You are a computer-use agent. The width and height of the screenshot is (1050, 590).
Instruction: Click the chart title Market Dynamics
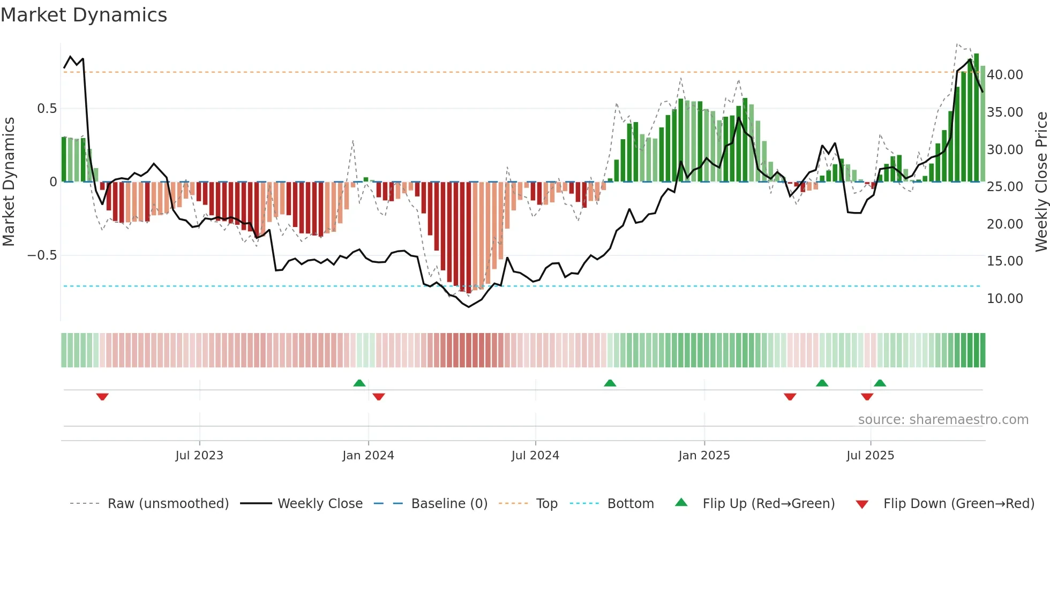[84, 15]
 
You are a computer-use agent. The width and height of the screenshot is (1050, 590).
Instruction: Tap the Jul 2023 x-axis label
[199, 456]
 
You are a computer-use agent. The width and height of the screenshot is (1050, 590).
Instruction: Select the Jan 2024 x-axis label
[368, 456]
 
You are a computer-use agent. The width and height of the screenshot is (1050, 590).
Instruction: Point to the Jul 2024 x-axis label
[535, 456]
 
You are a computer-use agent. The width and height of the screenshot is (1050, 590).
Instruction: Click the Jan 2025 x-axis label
[704, 456]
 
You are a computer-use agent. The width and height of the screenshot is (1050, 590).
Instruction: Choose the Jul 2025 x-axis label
[871, 456]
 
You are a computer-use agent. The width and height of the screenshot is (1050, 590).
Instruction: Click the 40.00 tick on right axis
[1004, 75]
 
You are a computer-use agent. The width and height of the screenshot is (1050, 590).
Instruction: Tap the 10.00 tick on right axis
[1004, 299]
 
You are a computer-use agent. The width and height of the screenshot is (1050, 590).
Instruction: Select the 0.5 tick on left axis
[47, 109]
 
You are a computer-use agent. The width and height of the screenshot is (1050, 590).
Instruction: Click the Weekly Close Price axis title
[1041, 182]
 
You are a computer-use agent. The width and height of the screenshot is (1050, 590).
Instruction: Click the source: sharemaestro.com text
[943, 420]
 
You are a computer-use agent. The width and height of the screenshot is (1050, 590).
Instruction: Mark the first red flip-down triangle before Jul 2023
[102, 397]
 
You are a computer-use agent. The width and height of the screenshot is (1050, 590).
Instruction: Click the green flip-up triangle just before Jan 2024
[359, 383]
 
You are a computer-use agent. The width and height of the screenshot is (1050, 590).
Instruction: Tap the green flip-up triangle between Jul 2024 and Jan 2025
[610, 383]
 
